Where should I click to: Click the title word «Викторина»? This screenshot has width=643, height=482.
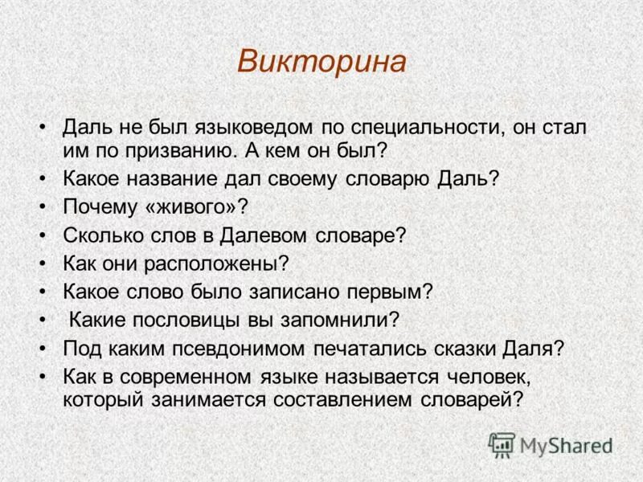[x=321, y=62]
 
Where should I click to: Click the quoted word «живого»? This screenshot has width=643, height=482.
[x=194, y=206]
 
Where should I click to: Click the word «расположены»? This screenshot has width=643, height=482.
[x=212, y=263]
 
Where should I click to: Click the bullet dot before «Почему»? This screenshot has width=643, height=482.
[x=42, y=206]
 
